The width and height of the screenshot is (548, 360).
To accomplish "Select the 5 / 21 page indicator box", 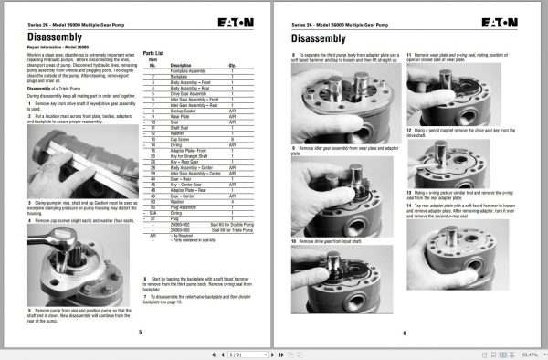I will click(x=237, y=353).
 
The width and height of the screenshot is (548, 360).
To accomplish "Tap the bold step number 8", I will click(x=293, y=57).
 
